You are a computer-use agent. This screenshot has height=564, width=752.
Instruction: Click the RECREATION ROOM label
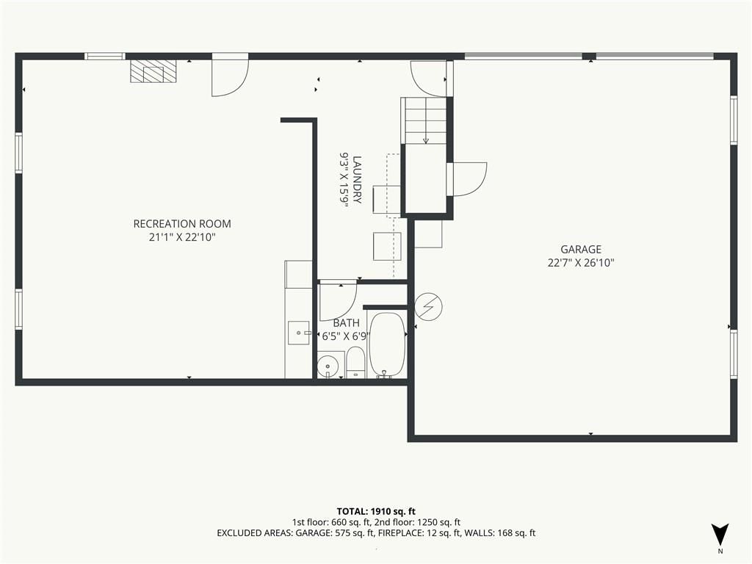[182, 223]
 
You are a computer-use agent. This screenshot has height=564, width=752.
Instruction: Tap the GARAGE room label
[581, 250]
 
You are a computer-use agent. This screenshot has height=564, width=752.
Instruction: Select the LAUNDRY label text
[357, 179]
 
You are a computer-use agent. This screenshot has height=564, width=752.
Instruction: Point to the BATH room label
[347, 323]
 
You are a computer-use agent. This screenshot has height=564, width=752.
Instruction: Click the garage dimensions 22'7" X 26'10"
[581, 263]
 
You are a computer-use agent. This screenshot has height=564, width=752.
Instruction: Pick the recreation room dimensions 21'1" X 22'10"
[182, 237]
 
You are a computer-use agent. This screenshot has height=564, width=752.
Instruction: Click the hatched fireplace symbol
[153, 71]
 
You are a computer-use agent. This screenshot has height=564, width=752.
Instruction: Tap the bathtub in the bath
[387, 345]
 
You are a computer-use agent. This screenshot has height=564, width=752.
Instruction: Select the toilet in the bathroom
[355, 363]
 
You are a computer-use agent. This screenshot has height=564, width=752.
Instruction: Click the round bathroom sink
[328, 366]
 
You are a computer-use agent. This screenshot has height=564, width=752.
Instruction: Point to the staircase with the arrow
[424, 120]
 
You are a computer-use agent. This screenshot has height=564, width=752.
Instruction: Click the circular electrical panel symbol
[428, 306]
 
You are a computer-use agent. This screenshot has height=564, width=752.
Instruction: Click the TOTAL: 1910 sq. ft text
[376, 511]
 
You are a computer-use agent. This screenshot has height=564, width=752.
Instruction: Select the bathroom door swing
[338, 302]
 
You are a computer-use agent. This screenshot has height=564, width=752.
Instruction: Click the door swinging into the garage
[468, 179]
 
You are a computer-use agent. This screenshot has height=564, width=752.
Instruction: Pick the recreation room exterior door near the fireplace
[230, 76]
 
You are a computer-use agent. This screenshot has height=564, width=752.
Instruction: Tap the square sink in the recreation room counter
[299, 333]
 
